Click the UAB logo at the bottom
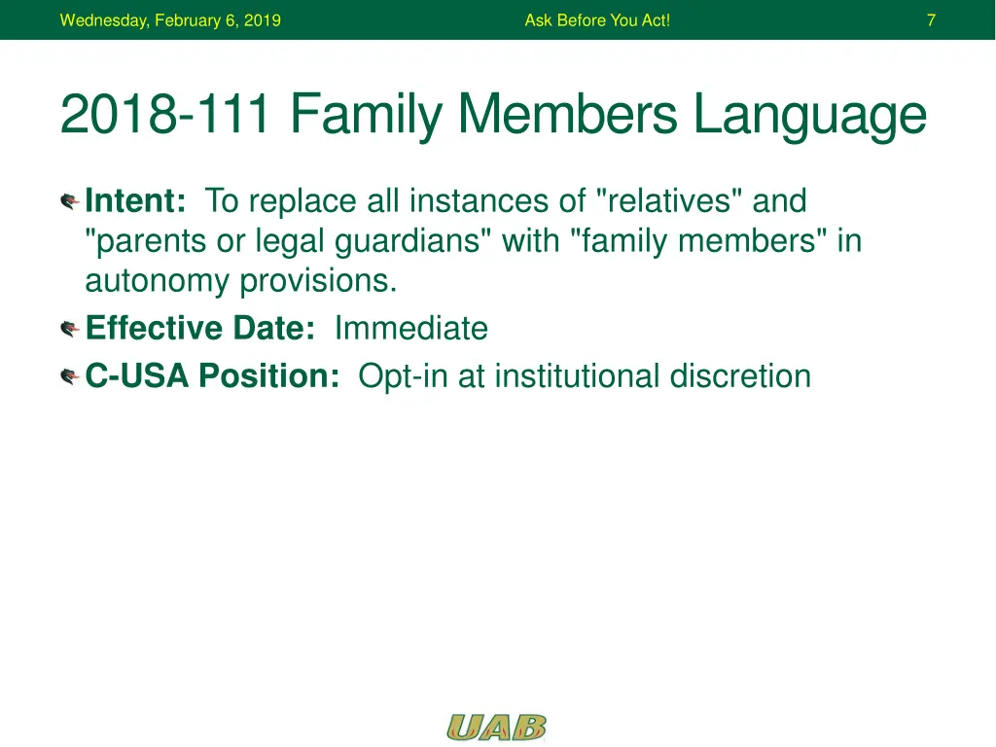pyautogui.click(x=496, y=728)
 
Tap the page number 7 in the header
pyautogui.click(x=931, y=20)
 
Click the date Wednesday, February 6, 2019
pyautogui.click(x=170, y=20)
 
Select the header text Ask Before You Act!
pyautogui.click(x=597, y=20)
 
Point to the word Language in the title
pyautogui.click(x=810, y=117)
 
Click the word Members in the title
pyautogui.click(x=567, y=114)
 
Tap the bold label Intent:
pyautogui.click(x=135, y=200)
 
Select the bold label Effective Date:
pyautogui.click(x=200, y=328)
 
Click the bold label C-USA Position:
pyautogui.click(x=212, y=375)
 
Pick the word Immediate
pyautogui.click(x=411, y=329)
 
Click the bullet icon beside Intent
pyautogui.click(x=69, y=202)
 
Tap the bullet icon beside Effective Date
pyautogui.click(x=69, y=329)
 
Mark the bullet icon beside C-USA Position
pyautogui.click(x=69, y=376)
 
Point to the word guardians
pyautogui.click(x=407, y=242)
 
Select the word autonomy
pyautogui.click(x=157, y=282)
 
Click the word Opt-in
pyautogui.click(x=403, y=376)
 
